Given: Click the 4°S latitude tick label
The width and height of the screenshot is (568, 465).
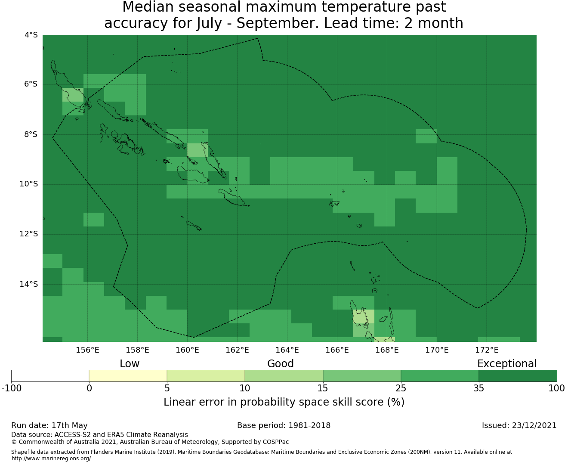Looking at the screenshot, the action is pos(31,35).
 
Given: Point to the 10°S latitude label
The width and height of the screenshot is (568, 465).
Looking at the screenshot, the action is pos(28,184).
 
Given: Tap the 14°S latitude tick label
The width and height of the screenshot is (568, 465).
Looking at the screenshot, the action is pos(28,284).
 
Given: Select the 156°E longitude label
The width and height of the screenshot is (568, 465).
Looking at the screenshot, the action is pos(87,350).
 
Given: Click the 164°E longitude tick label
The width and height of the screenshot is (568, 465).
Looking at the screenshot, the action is pos(287,350).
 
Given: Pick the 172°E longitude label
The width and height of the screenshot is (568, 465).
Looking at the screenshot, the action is pos(487,350).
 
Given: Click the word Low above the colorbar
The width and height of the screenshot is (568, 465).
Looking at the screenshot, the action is pos(130,364).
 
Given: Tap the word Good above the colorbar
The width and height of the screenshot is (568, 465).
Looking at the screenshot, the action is pos(281,364).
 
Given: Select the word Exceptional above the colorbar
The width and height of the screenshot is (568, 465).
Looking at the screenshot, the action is pos(507,364).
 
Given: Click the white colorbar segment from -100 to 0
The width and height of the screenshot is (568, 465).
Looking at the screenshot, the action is pos(50,376).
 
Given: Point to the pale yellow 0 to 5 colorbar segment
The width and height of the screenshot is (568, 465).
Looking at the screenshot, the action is pos(128,376).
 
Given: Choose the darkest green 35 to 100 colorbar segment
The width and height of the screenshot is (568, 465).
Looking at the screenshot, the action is pos(518,376).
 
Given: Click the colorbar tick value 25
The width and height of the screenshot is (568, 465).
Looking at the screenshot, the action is pos(401,388).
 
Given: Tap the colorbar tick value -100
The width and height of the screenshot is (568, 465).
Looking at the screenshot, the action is pos(11,388).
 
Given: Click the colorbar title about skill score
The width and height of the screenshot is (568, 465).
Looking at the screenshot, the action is pos(284,402).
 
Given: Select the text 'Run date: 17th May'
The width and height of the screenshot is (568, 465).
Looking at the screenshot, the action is pos(49,425).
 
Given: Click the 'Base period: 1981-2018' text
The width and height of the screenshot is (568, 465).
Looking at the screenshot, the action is pos(284,425).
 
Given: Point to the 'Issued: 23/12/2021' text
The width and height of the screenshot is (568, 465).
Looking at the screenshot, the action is pos(519,425).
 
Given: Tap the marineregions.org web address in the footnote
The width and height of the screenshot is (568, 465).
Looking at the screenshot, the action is pos(52,458).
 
